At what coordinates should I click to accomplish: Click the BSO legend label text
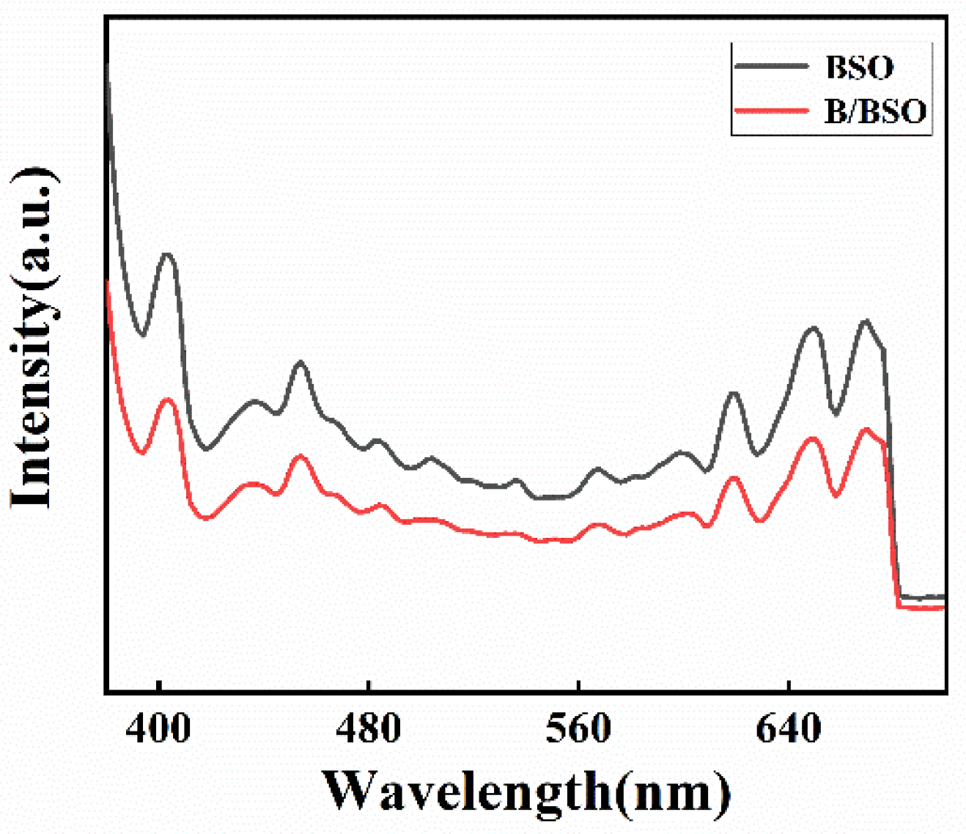pyautogui.click(x=859, y=67)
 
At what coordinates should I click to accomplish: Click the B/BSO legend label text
pyautogui.click(x=875, y=111)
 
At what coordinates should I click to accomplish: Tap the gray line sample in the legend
pyautogui.click(x=771, y=65)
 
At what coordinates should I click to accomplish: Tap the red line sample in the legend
pyautogui.click(x=771, y=110)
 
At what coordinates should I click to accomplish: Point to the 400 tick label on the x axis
pyautogui.click(x=158, y=729)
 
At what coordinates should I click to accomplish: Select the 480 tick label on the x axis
pyautogui.click(x=369, y=729)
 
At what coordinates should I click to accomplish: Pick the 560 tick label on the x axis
pyautogui.click(x=578, y=729)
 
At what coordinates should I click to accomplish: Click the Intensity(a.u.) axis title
pyautogui.click(x=33, y=337)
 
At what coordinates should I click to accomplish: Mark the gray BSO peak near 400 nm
pyautogui.click(x=167, y=254)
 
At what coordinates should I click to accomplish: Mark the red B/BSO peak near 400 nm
pyautogui.click(x=167, y=399)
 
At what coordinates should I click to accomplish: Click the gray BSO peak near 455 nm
pyautogui.click(x=300, y=362)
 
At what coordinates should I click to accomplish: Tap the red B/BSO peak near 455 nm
pyautogui.click(x=300, y=456)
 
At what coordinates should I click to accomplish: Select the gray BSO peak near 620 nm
pyautogui.click(x=734, y=394)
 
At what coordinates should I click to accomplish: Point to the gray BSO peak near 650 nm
pyautogui.click(x=812, y=328)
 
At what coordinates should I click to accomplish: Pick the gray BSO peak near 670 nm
pyautogui.click(x=866, y=320)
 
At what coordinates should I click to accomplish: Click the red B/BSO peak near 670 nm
pyautogui.click(x=866, y=429)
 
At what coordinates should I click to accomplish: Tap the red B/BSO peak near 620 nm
pyautogui.click(x=734, y=478)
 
